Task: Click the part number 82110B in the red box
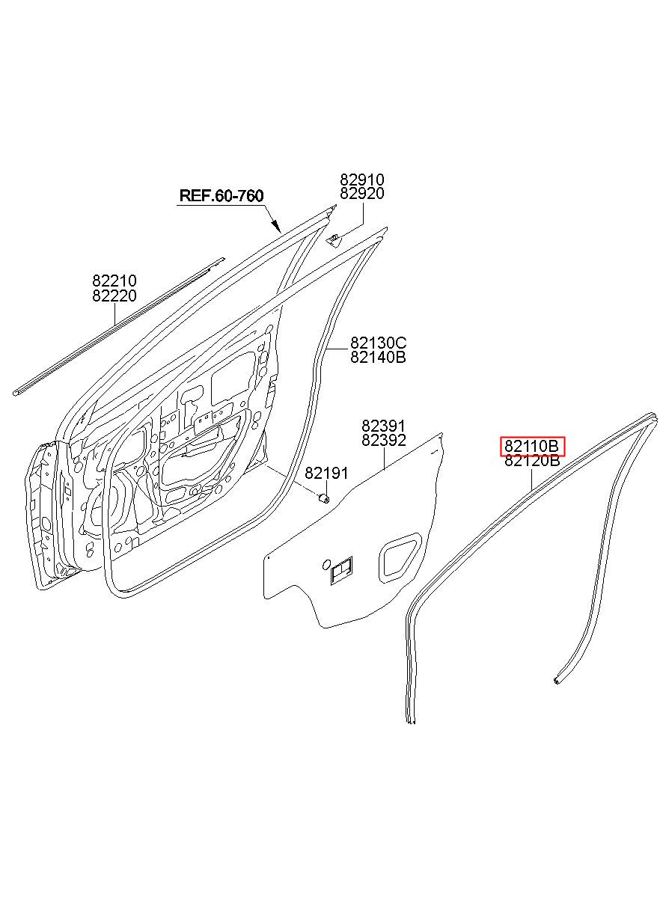[532, 447]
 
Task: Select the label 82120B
[532, 461]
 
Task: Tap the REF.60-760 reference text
[221, 196]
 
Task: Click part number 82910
[362, 180]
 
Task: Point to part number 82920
[362, 194]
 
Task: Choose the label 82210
[114, 281]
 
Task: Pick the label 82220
[114, 296]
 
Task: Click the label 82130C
[379, 343]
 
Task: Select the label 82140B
[379, 358]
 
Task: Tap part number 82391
[384, 426]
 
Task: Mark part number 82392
[384, 441]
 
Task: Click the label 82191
[326, 473]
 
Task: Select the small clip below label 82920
[334, 239]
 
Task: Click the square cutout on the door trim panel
[341, 571]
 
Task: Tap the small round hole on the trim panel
[326, 563]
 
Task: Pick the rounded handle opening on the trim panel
[400, 557]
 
